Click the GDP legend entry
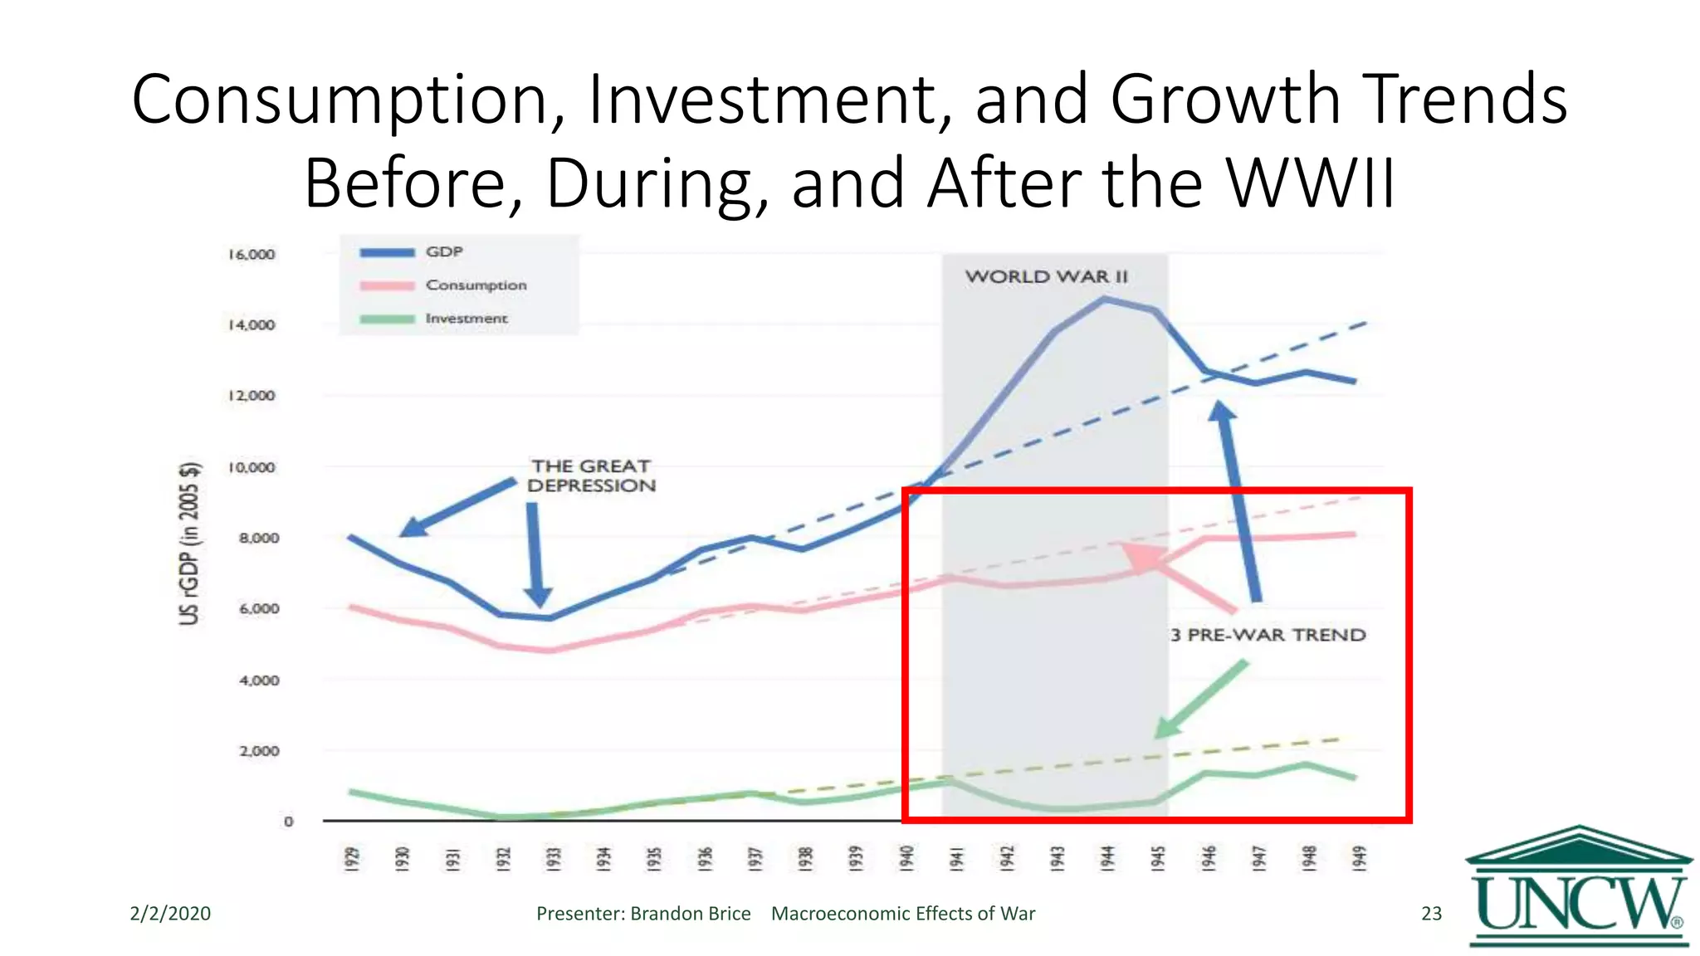pyautogui.click(x=443, y=251)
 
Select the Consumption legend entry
pyautogui.click(x=475, y=285)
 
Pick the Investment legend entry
pyautogui.click(x=466, y=319)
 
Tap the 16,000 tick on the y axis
pyautogui.click(x=252, y=254)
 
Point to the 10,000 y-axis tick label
pyautogui.click(x=252, y=467)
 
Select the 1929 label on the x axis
pyautogui.click(x=352, y=858)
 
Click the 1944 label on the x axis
pyautogui.click(x=1107, y=858)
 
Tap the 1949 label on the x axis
pyautogui.click(x=1359, y=858)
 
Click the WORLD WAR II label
pyautogui.click(x=1046, y=276)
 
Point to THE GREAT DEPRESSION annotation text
pyautogui.click(x=591, y=476)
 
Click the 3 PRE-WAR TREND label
pyautogui.click(x=1268, y=635)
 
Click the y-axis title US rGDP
pyautogui.click(x=190, y=543)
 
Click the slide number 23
pyautogui.click(x=1431, y=914)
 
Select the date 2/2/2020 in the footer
pyautogui.click(x=170, y=914)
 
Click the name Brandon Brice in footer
pyautogui.click(x=690, y=914)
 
